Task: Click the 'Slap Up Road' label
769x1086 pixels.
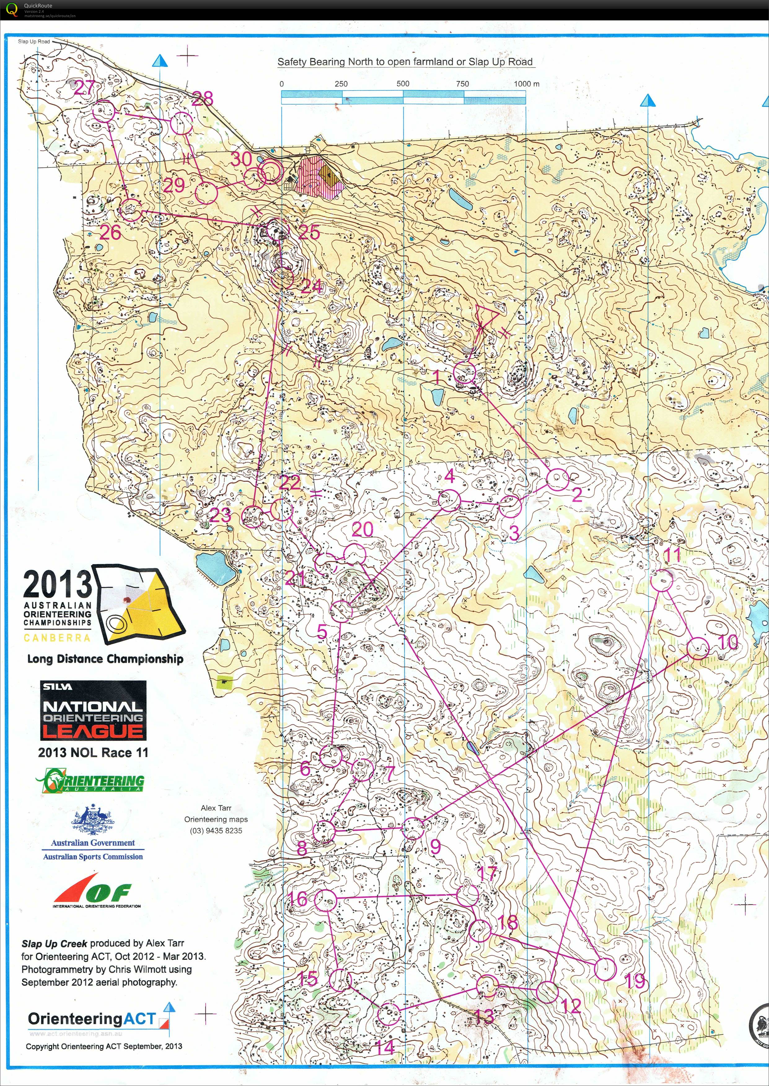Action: [34, 42]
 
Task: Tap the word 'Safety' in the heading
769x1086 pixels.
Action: [292, 62]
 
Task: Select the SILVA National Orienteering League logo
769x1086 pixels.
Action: [93, 710]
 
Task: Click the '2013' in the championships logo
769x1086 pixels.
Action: [57, 584]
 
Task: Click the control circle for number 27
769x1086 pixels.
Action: [104, 111]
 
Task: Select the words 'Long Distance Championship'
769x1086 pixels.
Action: [105, 659]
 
